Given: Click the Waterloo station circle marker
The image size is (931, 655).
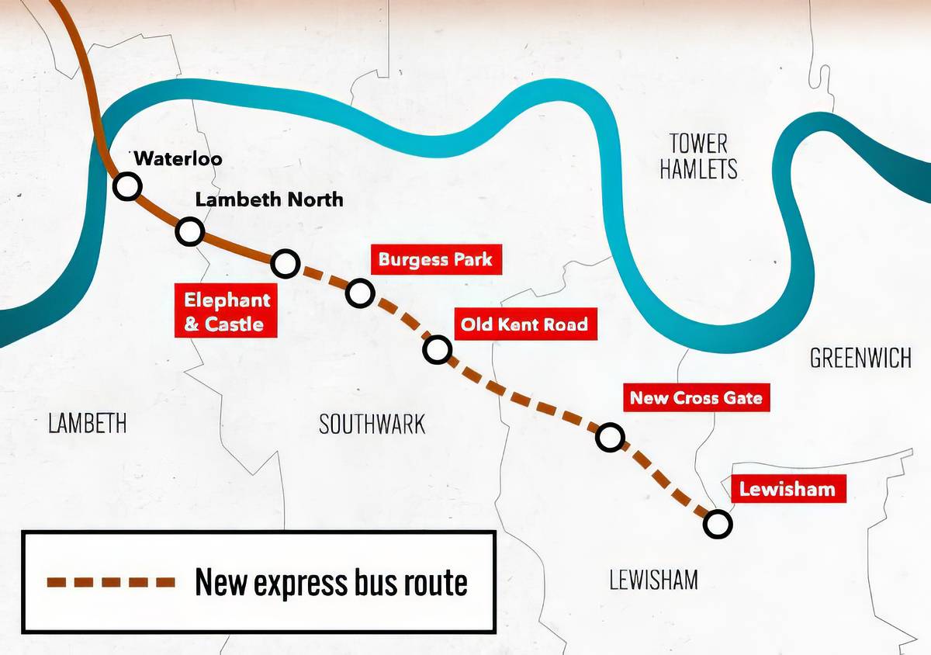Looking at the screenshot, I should pyautogui.click(x=126, y=186).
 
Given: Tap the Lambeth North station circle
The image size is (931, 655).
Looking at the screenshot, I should pyautogui.click(x=190, y=230).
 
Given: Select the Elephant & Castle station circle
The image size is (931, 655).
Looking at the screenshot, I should pyautogui.click(x=286, y=264).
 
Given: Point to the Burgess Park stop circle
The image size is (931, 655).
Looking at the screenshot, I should pyautogui.click(x=360, y=293).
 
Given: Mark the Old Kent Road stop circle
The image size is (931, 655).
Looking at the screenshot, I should pyautogui.click(x=438, y=349).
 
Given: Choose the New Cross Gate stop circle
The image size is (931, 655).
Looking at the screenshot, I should pyautogui.click(x=611, y=438).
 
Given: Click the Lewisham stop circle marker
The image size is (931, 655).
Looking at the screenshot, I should pyautogui.click(x=718, y=524).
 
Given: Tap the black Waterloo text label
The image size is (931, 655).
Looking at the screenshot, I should pyautogui.click(x=178, y=159).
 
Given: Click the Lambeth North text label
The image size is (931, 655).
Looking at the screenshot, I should pyautogui.click(x=268, y=199).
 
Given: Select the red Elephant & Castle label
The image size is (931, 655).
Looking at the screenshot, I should pyautogui.click(x=227, y=311).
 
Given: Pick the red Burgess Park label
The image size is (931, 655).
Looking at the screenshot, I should pyautogui.click(x=435, y=259).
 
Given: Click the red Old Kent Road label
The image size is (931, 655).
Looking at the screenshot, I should pyautogui.click(x=524, y=324).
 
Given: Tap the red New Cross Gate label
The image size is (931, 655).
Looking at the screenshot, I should pyautogui.click(x=696, y=398).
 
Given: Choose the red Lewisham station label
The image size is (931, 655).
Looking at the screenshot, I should pyautogui.click(x=787, y=489).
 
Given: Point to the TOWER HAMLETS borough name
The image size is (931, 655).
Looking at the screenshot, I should pyautogui.click(x=698, y=156).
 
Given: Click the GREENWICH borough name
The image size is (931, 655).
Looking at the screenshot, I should pyautogui.click(x=860, y=358).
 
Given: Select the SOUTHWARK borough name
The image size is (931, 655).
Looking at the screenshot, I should pyautogui.click(x=372, y=424).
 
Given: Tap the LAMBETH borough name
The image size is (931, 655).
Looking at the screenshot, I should pyautogui.click(x=87, y=424).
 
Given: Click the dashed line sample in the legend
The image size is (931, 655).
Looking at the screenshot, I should pyautogui.click(x=109, y=580).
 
